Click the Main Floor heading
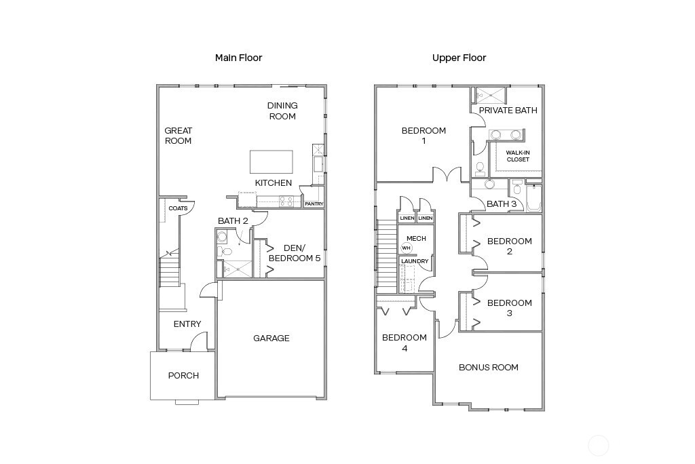point(238,58)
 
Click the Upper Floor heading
point(459,58)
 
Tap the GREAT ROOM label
point(178,136)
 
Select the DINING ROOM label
point(282,111)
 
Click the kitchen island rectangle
point(271,162)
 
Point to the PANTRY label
point(314,204)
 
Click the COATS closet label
point(178,208)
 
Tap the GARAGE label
point(271,338)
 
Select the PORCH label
point(183,375)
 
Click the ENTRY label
point(187,324)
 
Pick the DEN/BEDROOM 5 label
point(295,253)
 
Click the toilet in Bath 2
point(227,252)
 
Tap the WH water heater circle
point(407,248)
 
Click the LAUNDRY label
point(415,261)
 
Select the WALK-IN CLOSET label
point(517,156)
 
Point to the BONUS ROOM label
point(488,368)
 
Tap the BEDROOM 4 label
point(404,343)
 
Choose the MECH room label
point(415,238)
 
